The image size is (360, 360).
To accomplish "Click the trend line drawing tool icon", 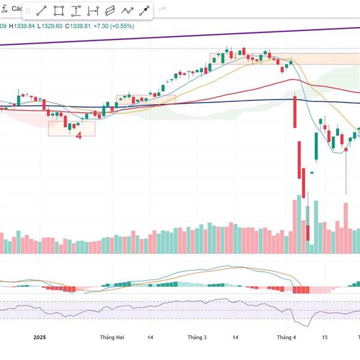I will click(42, 11).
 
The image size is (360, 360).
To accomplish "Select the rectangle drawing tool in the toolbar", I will click(59, 11).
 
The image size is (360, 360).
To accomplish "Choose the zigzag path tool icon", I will click(127, 11).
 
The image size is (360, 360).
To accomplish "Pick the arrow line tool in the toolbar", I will click(145, 11).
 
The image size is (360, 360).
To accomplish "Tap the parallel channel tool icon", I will click(110, 11).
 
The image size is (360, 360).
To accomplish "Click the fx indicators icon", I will click(5, 10).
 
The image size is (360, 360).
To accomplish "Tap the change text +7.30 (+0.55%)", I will click(117, 26).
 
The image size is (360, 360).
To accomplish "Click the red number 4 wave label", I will click(79, 136).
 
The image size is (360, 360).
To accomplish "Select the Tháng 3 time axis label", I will click(197, 338).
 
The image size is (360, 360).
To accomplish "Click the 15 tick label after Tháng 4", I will click(325, 338).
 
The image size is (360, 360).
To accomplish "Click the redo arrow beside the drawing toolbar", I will click(162, 11).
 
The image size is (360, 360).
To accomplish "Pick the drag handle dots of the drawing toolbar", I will click(27, 11).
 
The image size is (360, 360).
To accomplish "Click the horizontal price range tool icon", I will click(76, 11).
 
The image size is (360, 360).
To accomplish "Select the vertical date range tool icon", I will click(93, 11).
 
